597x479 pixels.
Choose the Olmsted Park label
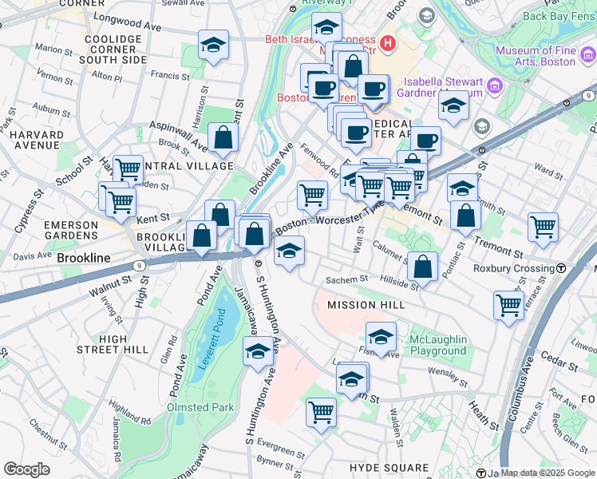pos(200,407)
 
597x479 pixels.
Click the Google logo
pos(26,469)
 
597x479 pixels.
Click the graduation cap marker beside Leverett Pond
pos(258,351)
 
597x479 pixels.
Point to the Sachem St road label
pos(346,280)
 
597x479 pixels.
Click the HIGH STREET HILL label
pos(113,344)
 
